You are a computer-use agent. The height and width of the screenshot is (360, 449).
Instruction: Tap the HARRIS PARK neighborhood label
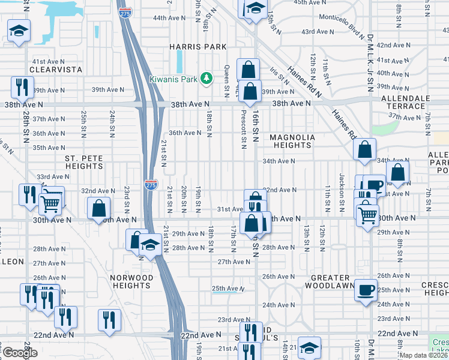(198, 47)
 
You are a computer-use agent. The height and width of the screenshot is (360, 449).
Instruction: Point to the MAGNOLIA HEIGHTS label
(292, 142)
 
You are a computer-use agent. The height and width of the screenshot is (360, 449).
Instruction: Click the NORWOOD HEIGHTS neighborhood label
(131, 281)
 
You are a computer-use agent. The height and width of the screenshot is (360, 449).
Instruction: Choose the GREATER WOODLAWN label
(330, 281)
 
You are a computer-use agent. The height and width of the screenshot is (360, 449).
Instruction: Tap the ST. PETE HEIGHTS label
(84, 162)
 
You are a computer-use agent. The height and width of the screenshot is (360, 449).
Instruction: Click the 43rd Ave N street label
(318, 31)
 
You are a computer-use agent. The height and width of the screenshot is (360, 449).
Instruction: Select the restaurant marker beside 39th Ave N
(22, 87)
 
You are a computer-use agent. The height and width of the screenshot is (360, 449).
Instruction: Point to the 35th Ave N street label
(49, 147)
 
